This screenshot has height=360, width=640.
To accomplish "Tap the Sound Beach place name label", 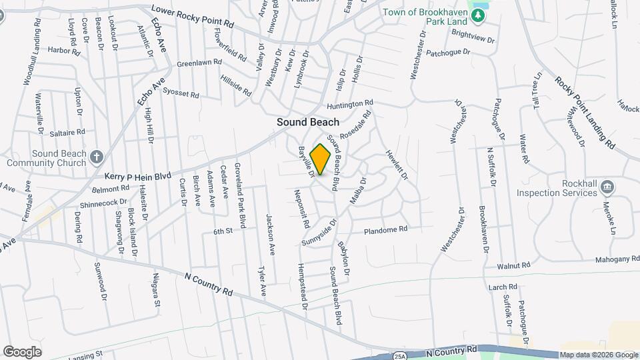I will (308, 122).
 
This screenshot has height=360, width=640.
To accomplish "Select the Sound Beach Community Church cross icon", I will (97, 157).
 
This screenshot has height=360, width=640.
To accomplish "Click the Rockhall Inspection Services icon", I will (607, 186).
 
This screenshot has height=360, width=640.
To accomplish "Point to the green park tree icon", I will (477, 15).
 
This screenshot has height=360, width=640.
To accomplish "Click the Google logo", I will (23, 351).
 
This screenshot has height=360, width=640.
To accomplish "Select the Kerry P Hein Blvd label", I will (138, 175).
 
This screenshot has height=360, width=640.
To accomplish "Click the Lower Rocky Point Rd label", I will (193, 17).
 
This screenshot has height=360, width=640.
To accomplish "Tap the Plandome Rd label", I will (385, 230).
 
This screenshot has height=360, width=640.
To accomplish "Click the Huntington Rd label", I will (349, 105).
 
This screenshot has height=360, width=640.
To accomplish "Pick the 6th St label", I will (222, 231).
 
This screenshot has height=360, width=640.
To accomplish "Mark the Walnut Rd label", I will (513, 265).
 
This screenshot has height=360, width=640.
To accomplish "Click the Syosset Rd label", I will (181, 94).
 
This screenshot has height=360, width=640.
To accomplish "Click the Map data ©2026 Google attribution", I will (598, 355).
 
